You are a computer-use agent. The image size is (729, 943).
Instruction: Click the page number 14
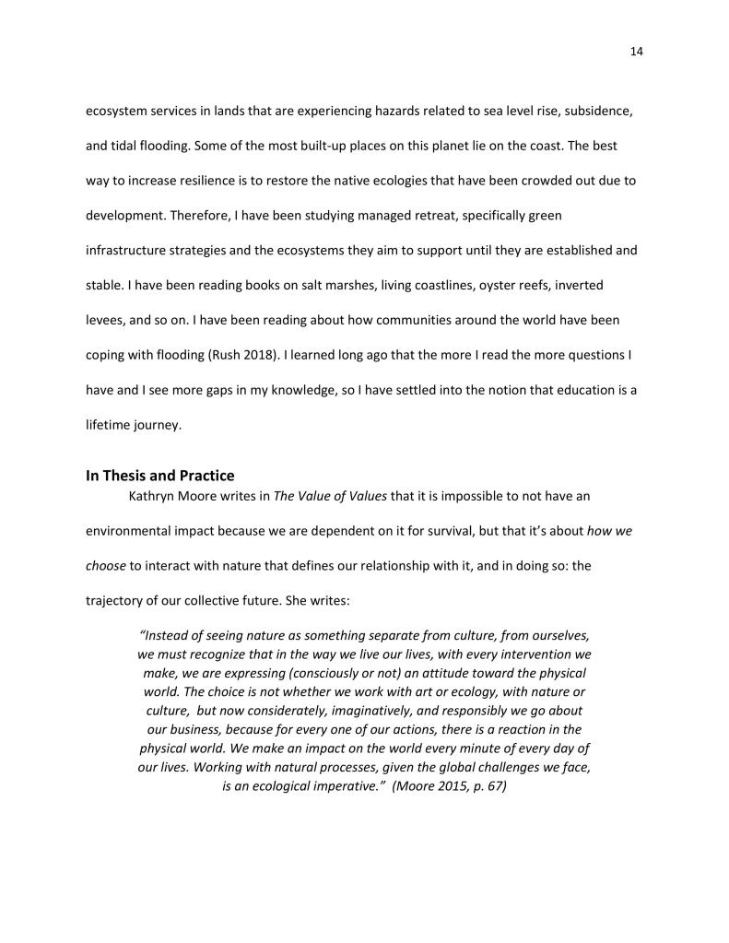(636, 52)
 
